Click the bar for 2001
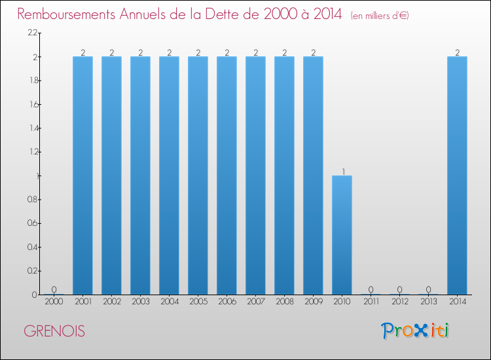click(82, 175)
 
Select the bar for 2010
click(342, 235)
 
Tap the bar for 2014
click(457, 175)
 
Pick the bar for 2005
click(198, 175)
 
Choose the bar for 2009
click(313, 175)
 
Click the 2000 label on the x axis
click(54, 302)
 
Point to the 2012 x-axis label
click(399, 302)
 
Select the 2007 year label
click(255, 302)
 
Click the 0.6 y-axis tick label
click(33, 223)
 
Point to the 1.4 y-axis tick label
click(33, 128)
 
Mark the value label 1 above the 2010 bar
click(342, 171)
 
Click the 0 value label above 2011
click(371, 290)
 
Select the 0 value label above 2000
click(54, 290)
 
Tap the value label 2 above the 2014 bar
click(457, 52)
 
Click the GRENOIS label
click(54, 331)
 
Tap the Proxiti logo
click(415, 331)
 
